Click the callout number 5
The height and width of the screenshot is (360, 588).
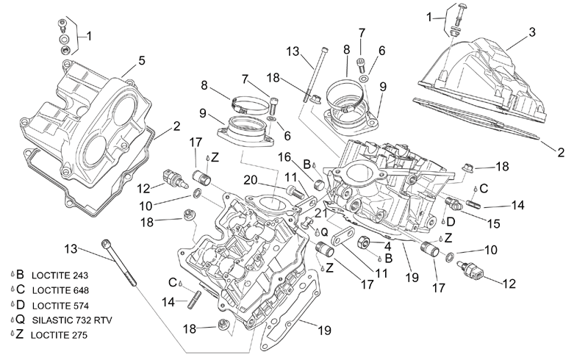pos(141,60)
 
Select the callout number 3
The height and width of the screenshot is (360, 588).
pos(532,32)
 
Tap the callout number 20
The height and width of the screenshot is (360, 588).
pos(251,181)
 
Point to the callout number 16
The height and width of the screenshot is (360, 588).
pos(284,157)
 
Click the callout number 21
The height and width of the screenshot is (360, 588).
pos(321,213)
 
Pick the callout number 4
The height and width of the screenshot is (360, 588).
pos(387,246)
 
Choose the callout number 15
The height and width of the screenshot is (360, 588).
pos(493,223)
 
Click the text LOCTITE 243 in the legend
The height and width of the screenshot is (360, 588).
pos(60,276)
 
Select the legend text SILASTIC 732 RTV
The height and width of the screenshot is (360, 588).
pos(72,320)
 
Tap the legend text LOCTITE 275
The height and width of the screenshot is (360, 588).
pos(59,335)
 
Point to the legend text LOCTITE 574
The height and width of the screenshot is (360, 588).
pos(60,306)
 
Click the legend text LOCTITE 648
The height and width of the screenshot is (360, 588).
pos(60,290)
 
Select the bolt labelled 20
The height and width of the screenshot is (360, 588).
pos(296,192)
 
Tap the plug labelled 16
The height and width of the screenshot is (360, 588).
pos(320,184)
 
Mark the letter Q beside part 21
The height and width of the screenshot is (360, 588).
pos(324,232)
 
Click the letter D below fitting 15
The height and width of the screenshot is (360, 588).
pos(451,222)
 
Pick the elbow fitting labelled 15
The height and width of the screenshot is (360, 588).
pos(453,204)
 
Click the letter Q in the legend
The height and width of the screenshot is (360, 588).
pos(21,320)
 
